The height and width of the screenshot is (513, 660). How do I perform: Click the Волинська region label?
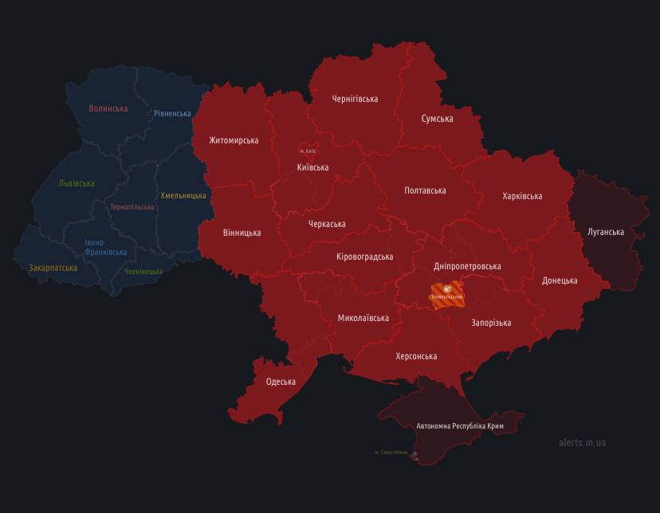point(108,108)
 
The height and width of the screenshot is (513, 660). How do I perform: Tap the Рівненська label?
point(173,113)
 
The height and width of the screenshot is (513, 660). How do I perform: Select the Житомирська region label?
point(234,140)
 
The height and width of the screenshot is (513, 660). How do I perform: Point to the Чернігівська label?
point(355,99)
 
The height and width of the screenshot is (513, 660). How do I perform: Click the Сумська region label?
point(437,119)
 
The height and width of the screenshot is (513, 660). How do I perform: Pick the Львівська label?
point(77,183)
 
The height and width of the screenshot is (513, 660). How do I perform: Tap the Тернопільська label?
point(132,207)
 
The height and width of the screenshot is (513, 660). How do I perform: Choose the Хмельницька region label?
point(183,195)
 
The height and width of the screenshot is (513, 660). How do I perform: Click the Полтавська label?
point(425,190)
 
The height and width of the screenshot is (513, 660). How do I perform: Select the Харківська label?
point(522,196)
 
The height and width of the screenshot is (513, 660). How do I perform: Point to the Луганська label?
point(605,232)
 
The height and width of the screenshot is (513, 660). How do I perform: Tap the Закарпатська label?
point(53,268)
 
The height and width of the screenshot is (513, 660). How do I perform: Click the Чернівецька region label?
point(143,272)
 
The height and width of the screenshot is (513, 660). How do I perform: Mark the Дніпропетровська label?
point(467,266)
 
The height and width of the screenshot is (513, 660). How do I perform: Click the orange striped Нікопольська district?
point(447,293)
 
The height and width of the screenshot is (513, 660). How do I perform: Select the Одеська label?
point(281,382)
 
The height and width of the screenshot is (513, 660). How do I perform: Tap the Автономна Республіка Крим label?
point(460,426)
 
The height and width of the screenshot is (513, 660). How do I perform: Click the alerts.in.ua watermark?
point(582,442)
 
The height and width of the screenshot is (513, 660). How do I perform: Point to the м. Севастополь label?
point(391,452)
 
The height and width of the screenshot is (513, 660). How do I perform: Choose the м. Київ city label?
point(308,151)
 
